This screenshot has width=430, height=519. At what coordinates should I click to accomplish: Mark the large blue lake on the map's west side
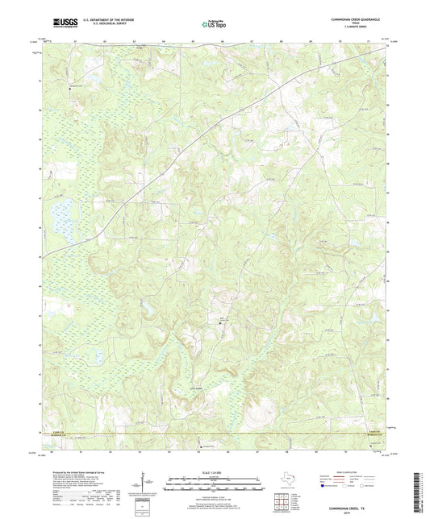click(x=58, y=216)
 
